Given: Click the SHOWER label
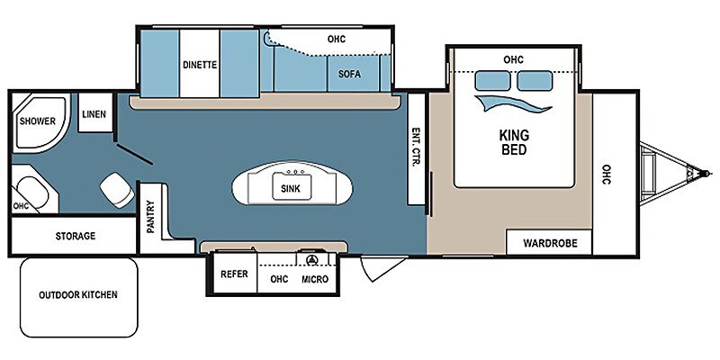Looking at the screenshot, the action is pyautogui.click(x=38, y=121).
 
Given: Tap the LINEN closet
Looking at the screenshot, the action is pyautogui.click(x=95, y=113).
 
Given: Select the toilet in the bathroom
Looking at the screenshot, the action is pyautogui.click(x=117, y=190).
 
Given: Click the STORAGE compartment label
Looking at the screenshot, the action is pyautogui.click(x=76, y=236).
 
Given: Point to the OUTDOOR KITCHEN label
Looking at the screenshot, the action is pyautogui.click(x=78, y=294).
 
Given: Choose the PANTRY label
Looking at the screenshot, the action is pyautogui.click(x=151, y=217).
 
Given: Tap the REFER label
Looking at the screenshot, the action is pyautogui.click(x=234, y=274).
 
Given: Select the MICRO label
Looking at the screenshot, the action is pyautogui.click(x=315, y=279).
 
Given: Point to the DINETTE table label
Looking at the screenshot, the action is pyautogui.click(x=200, y=65).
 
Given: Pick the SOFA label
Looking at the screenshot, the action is pyautogui.click(x=350, y=74).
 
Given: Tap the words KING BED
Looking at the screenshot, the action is pyautogui.click(x=514, y=142).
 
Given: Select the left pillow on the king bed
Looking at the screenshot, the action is pyautogui.click(x=492, y=81).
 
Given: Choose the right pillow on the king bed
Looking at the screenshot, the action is pyautogui.click(x=535, y=81).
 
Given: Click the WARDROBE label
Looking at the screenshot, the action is pyautogui.click(x=550, y=243).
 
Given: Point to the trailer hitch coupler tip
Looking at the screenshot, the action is pyautogui.click(x=707, y=174).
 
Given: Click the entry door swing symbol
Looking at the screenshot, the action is pyautogui.click(x=382, y=268).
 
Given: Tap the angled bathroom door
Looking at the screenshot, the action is pyautogui.click(x=134, y=154).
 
